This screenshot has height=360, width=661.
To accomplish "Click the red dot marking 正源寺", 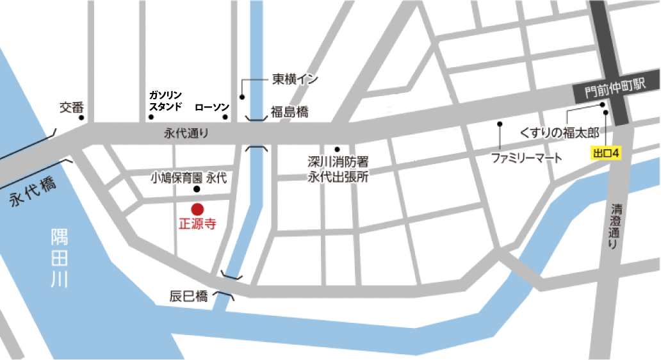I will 197,209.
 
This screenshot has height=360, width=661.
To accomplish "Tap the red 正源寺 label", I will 197,225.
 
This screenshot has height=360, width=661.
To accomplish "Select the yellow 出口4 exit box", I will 606,153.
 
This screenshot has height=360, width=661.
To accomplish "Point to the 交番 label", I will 72,106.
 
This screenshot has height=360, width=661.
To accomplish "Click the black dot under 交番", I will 81,118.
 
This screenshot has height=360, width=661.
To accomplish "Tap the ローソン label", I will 211,107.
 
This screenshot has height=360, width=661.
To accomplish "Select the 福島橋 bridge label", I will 290,112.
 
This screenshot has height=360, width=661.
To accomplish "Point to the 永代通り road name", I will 186,135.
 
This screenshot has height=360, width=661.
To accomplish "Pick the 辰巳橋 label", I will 189,296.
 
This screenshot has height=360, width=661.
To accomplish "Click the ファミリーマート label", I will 526,157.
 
